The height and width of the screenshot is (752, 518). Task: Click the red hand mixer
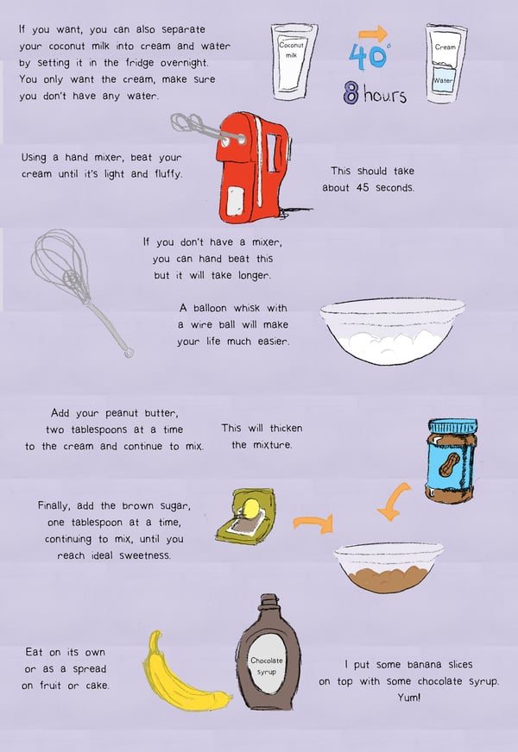click(x=252, y=168)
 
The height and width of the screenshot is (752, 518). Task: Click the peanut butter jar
click(x=452, y=461)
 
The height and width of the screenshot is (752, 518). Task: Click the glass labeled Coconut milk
click(x=294, y=61)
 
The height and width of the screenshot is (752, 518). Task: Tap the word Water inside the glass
click(x=443, y=80)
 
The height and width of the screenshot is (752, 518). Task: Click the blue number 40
click(x=368, y=57)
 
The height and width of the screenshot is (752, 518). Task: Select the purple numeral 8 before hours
click(x=351, y=92)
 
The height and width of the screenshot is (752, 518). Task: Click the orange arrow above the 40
click(x=373, y=34)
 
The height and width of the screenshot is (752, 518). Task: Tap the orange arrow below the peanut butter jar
click(x=393, y=501)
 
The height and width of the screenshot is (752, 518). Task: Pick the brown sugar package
click(x=245, y=516)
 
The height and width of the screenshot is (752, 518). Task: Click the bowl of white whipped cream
click(x=392, y=331)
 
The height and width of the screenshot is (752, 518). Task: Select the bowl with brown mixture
click(x=388, y=567)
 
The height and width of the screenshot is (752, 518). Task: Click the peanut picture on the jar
click(x=449, y=464)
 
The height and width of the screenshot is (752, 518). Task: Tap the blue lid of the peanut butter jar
click(x=452, y=426)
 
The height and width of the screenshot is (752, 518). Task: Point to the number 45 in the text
click(x=363, y=187)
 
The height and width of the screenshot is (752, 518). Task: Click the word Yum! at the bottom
click(x=409, y=698)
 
